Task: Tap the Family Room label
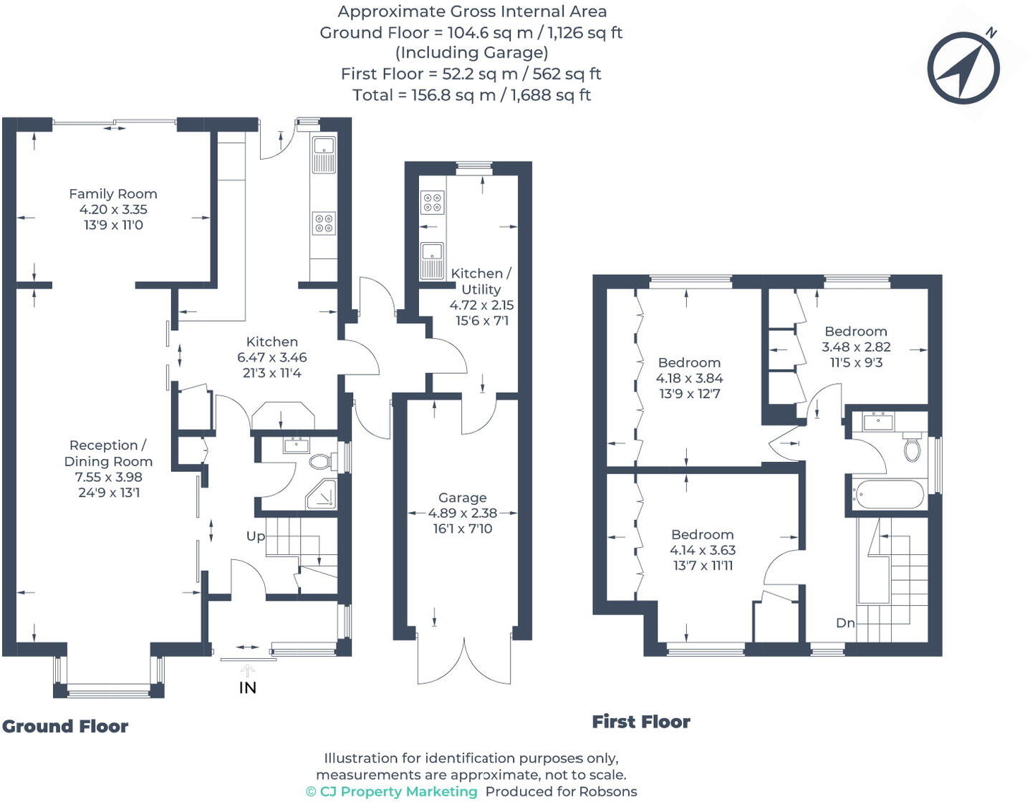coord(112,194)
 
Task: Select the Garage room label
coord(462,498)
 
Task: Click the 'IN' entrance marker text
coord(247,687)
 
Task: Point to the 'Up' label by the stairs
coord(256,536)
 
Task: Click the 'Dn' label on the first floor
coord(845,623)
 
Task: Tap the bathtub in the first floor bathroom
coord(887,495)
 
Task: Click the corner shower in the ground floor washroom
coord(320,495)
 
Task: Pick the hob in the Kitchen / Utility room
coord(433,202)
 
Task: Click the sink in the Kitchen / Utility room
coord(432,261)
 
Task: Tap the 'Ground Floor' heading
coord(65,726)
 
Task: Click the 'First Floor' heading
coord(641,722)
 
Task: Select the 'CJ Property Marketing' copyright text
coord(392,791)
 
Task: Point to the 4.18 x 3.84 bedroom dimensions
coord(689,378)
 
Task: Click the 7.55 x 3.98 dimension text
coord(109,477)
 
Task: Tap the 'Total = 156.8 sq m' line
coord(471,95)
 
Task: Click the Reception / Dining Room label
coord(108,453)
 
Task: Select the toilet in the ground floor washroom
coord(322,461)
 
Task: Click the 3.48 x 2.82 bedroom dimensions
coord(855,347)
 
